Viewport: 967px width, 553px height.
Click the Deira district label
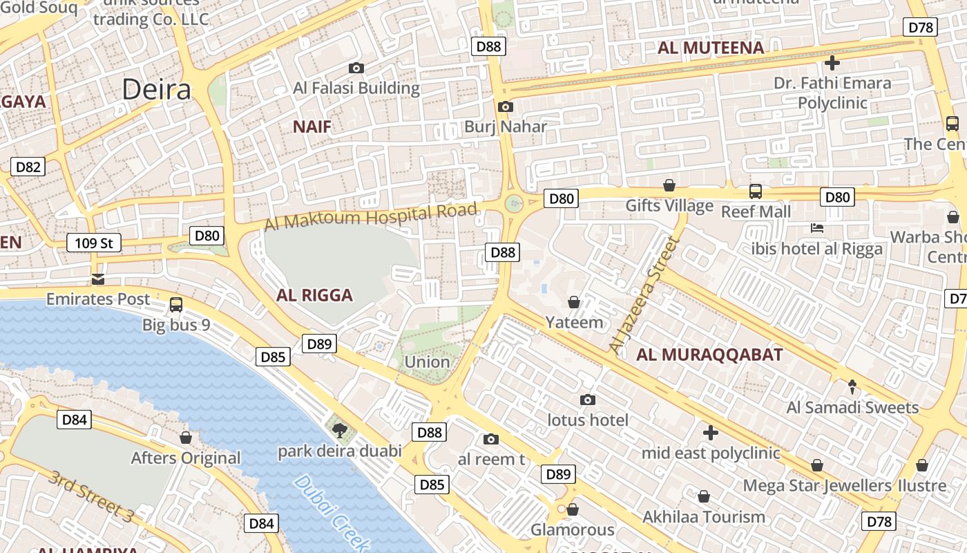coord(157,90)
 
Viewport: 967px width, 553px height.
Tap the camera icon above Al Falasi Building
coord(356,68)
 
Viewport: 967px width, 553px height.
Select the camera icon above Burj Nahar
coord(506,106)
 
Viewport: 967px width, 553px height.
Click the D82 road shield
coord(28,167)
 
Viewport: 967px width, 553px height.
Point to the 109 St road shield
coord(94,243)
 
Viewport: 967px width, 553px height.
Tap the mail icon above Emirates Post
coord(97,279)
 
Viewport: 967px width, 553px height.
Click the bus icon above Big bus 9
coord(176,304)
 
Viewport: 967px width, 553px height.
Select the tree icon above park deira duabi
coord(339,431)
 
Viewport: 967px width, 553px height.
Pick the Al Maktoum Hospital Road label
coord(371,217)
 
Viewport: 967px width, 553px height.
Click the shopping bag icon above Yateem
coord(573,302)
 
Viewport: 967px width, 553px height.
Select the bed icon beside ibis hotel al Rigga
coord(817,228)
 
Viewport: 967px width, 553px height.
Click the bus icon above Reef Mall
coord(756,191)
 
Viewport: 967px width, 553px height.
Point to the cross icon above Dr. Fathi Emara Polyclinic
coord(832,63)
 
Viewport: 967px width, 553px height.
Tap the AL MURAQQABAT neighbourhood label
coord(709,355)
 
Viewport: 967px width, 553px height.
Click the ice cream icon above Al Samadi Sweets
coord(852,387)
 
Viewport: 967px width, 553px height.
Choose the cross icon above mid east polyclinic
coord(710,433)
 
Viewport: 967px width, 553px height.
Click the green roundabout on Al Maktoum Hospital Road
coord(513,203)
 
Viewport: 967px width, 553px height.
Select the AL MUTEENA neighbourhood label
coord(711,48)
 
